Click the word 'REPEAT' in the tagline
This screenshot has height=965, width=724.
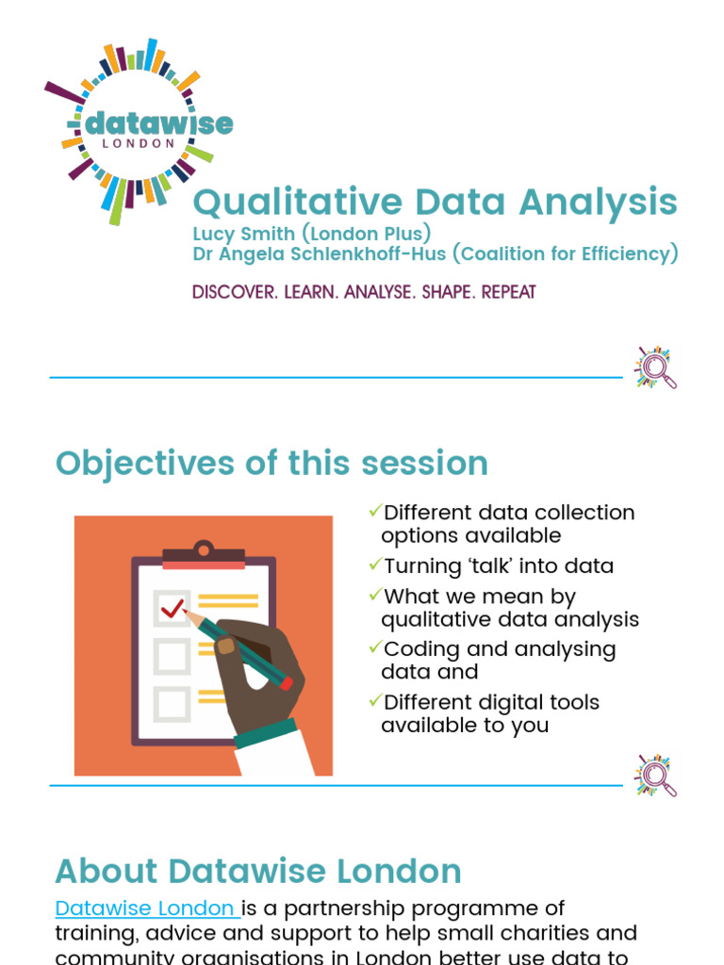(508, 292)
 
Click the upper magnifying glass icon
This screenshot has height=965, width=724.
(657, 368)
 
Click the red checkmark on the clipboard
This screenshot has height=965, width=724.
(172, 609)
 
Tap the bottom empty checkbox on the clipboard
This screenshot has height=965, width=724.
(172, 702)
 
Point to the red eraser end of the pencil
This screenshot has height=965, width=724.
(286, 683)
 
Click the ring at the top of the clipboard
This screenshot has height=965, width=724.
(204, 548)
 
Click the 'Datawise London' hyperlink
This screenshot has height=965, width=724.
(145, 908)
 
